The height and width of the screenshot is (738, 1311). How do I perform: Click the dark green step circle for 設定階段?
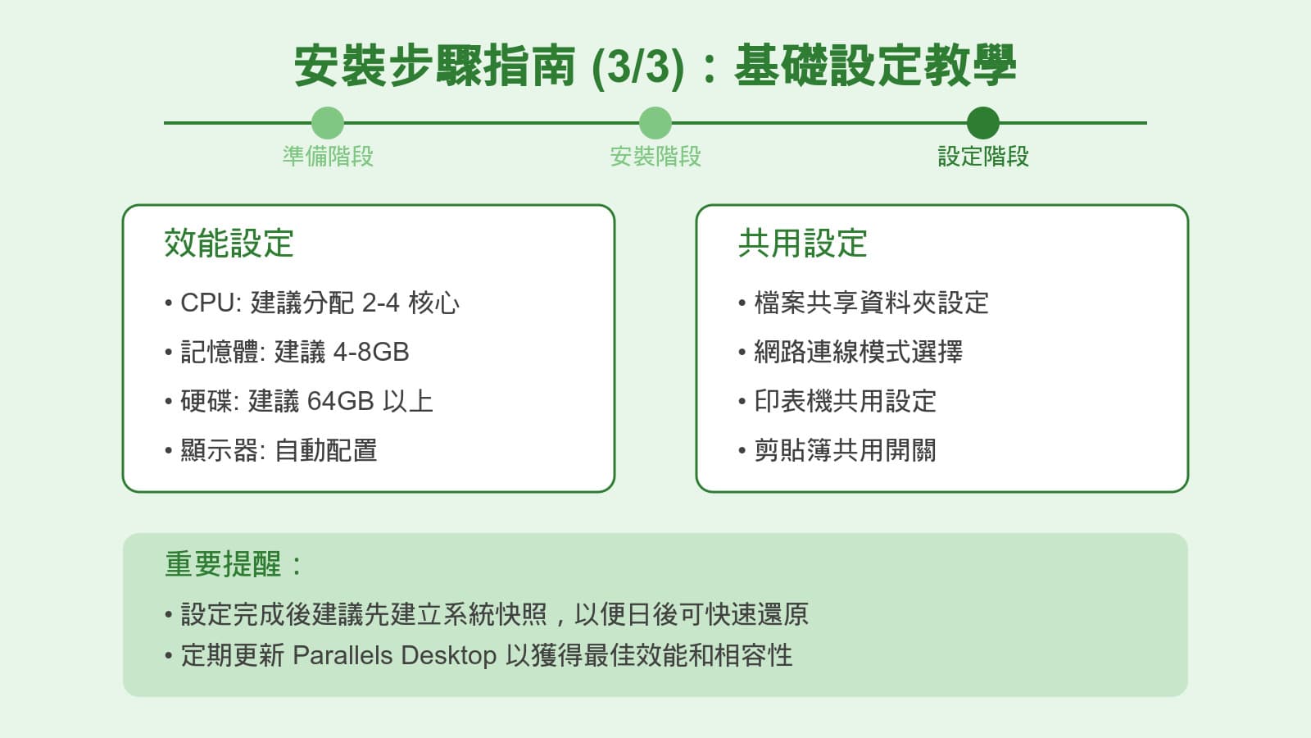tap(982, 123)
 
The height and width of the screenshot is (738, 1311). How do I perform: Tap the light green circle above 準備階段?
tap(328, 123)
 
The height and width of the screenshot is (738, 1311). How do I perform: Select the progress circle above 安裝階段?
tap(655, 123)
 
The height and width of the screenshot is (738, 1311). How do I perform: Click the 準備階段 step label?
tap(328, 156)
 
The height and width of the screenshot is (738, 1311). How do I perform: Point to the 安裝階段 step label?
tap(655, 156)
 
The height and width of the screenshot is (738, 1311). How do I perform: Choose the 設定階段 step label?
tap(982, 156)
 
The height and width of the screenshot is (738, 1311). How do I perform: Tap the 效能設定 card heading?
tap(229, 243)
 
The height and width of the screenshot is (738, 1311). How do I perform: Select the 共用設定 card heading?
tap(802, 243)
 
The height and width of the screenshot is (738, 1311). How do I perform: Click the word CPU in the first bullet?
tap(208, 303)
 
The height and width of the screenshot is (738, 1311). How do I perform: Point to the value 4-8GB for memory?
tap(371, 352)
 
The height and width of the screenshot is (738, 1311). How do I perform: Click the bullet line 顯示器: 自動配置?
tap(279, 450)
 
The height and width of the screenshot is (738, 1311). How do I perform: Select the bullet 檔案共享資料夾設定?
tap(871, 303)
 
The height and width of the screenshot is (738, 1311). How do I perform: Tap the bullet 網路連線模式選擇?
tap(858, 352)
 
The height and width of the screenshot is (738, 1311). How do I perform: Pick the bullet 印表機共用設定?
tap(845, 401)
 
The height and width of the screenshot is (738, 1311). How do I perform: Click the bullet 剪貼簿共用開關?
tap(845, 450)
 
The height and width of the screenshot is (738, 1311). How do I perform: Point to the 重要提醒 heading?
tap(224, 564)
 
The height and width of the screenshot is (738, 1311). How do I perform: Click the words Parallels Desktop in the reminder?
tap(394, 655)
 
